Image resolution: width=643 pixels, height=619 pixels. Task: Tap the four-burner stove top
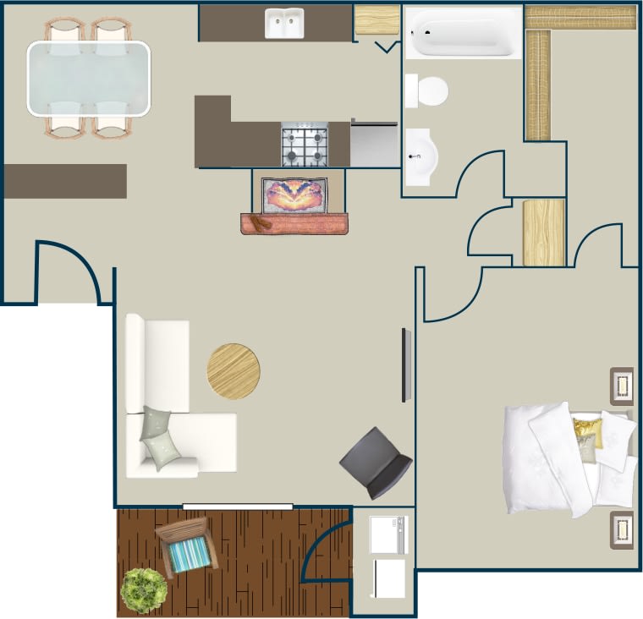coord(305,145)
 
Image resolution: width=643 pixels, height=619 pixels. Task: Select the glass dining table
coord(89,79)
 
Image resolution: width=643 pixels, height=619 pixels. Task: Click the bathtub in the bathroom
coord(462,33)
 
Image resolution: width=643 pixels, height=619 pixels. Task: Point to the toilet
coord(426,90)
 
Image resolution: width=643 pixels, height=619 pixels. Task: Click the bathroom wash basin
coord(420,156)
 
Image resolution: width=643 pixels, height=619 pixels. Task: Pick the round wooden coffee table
coord(234,371)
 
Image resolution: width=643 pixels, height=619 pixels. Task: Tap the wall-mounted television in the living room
coord(406,365)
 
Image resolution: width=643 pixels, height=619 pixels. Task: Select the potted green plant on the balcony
coord(143,590)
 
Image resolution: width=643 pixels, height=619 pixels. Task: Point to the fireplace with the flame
coord(294,196)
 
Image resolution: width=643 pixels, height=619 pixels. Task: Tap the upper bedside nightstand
coord(622,386)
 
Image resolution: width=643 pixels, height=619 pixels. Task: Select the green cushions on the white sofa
coord(160,437)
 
